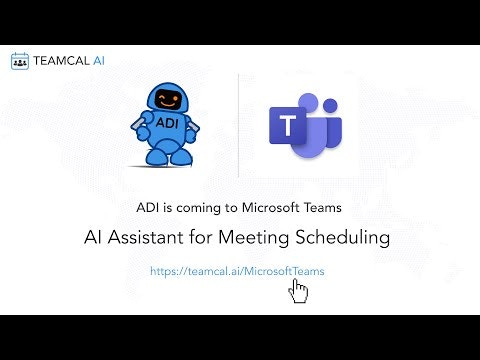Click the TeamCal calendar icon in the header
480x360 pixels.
20,61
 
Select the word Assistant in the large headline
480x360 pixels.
151,238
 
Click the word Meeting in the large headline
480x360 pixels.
250,238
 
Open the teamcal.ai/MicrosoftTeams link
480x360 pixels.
237,270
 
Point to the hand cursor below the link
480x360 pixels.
298,290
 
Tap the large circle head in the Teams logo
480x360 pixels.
307,103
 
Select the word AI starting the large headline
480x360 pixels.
94,238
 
